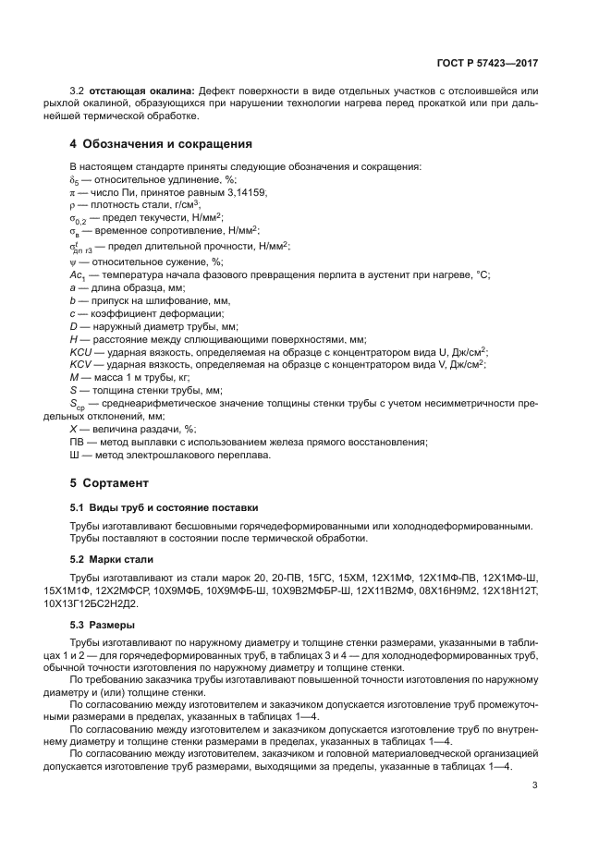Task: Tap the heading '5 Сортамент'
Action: coord(110,482)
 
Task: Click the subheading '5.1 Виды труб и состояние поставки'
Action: coord(165,507)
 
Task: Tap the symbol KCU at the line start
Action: coord(81,352)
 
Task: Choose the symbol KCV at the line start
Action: coord(81,365)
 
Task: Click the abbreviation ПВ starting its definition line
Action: coord(78,442)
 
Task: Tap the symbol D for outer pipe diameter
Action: coord(74,326)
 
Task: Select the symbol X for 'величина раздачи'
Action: coord(74,429)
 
